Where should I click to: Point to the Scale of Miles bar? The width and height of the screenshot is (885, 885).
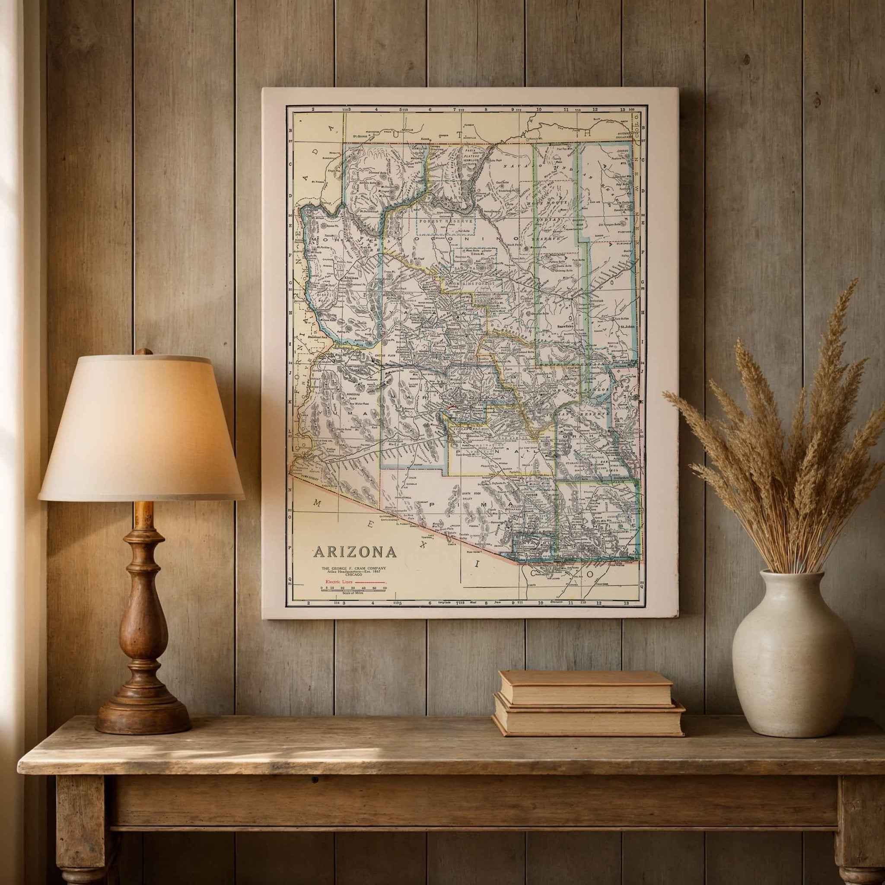tap(353, 590)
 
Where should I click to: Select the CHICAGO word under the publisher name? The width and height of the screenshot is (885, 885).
tap(353, 574)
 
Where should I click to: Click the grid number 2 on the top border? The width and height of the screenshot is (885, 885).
tap(313, 109)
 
